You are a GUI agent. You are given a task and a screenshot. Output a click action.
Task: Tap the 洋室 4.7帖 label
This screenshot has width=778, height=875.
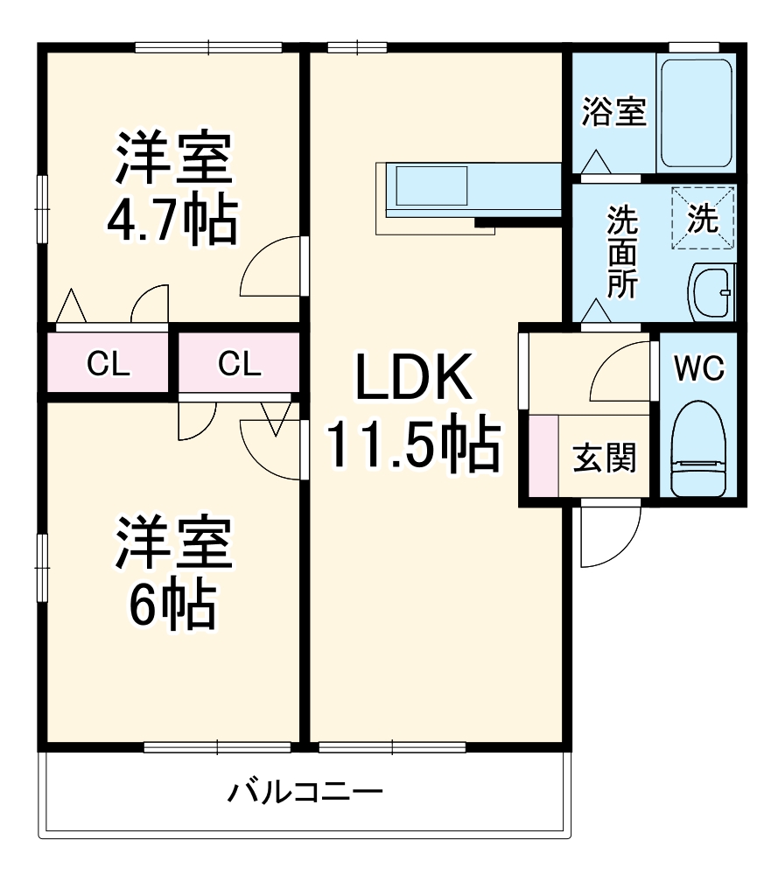[x=172, y=187]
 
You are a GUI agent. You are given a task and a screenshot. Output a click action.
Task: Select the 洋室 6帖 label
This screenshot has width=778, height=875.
[x=172, y=572]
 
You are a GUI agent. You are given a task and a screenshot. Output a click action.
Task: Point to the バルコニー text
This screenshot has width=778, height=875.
[x=305, y=794]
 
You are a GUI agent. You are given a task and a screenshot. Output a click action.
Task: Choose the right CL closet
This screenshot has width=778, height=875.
[x=239, y=363]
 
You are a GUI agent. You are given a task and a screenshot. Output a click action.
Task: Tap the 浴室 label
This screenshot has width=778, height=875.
[x=614, y=112]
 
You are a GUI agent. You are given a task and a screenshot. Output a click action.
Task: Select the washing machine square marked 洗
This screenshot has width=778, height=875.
[x=703, y=220]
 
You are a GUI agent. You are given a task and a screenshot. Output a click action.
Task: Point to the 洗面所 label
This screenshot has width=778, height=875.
[x=622, y=254]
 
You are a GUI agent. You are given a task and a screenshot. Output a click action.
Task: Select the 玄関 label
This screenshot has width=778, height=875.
[x=604, y=457]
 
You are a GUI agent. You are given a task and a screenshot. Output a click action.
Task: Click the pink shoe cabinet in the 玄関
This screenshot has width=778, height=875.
[x=543, y=455]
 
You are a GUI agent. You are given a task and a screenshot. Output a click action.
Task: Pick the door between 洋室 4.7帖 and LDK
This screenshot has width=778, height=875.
[x=276, y=267]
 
